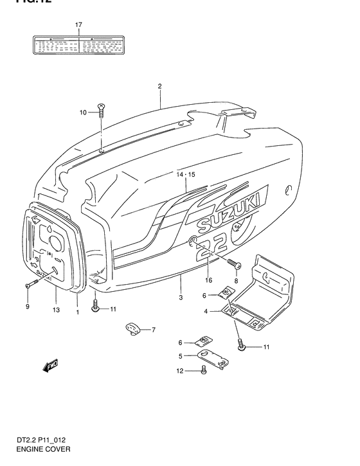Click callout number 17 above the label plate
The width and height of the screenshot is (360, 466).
click(x=78, y=25)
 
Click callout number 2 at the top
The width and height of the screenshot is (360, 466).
click(x=159, y=85)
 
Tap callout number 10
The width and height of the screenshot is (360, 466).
click(x=83, y=113)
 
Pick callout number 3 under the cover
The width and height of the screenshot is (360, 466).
click(x=181, y=297)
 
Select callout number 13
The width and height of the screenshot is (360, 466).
click(x=56, y=309)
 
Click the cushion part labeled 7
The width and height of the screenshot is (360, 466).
click(x=133, y=329)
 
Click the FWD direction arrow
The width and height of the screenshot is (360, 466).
click(x=50, y=367)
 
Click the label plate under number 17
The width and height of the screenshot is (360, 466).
click(x=78, y=45)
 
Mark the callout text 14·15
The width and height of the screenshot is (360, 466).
click(x=184, y=174)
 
